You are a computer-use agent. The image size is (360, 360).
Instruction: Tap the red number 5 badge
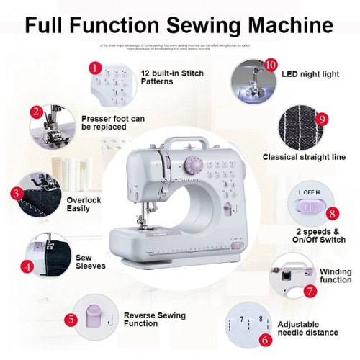coord(70,319)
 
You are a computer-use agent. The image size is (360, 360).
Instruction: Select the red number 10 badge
coord(271,64)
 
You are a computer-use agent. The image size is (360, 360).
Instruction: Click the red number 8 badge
coord(332,213)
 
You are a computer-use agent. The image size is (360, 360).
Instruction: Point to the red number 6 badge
coord(265,339)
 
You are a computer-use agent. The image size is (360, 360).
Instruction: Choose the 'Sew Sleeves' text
coord(90,261)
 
